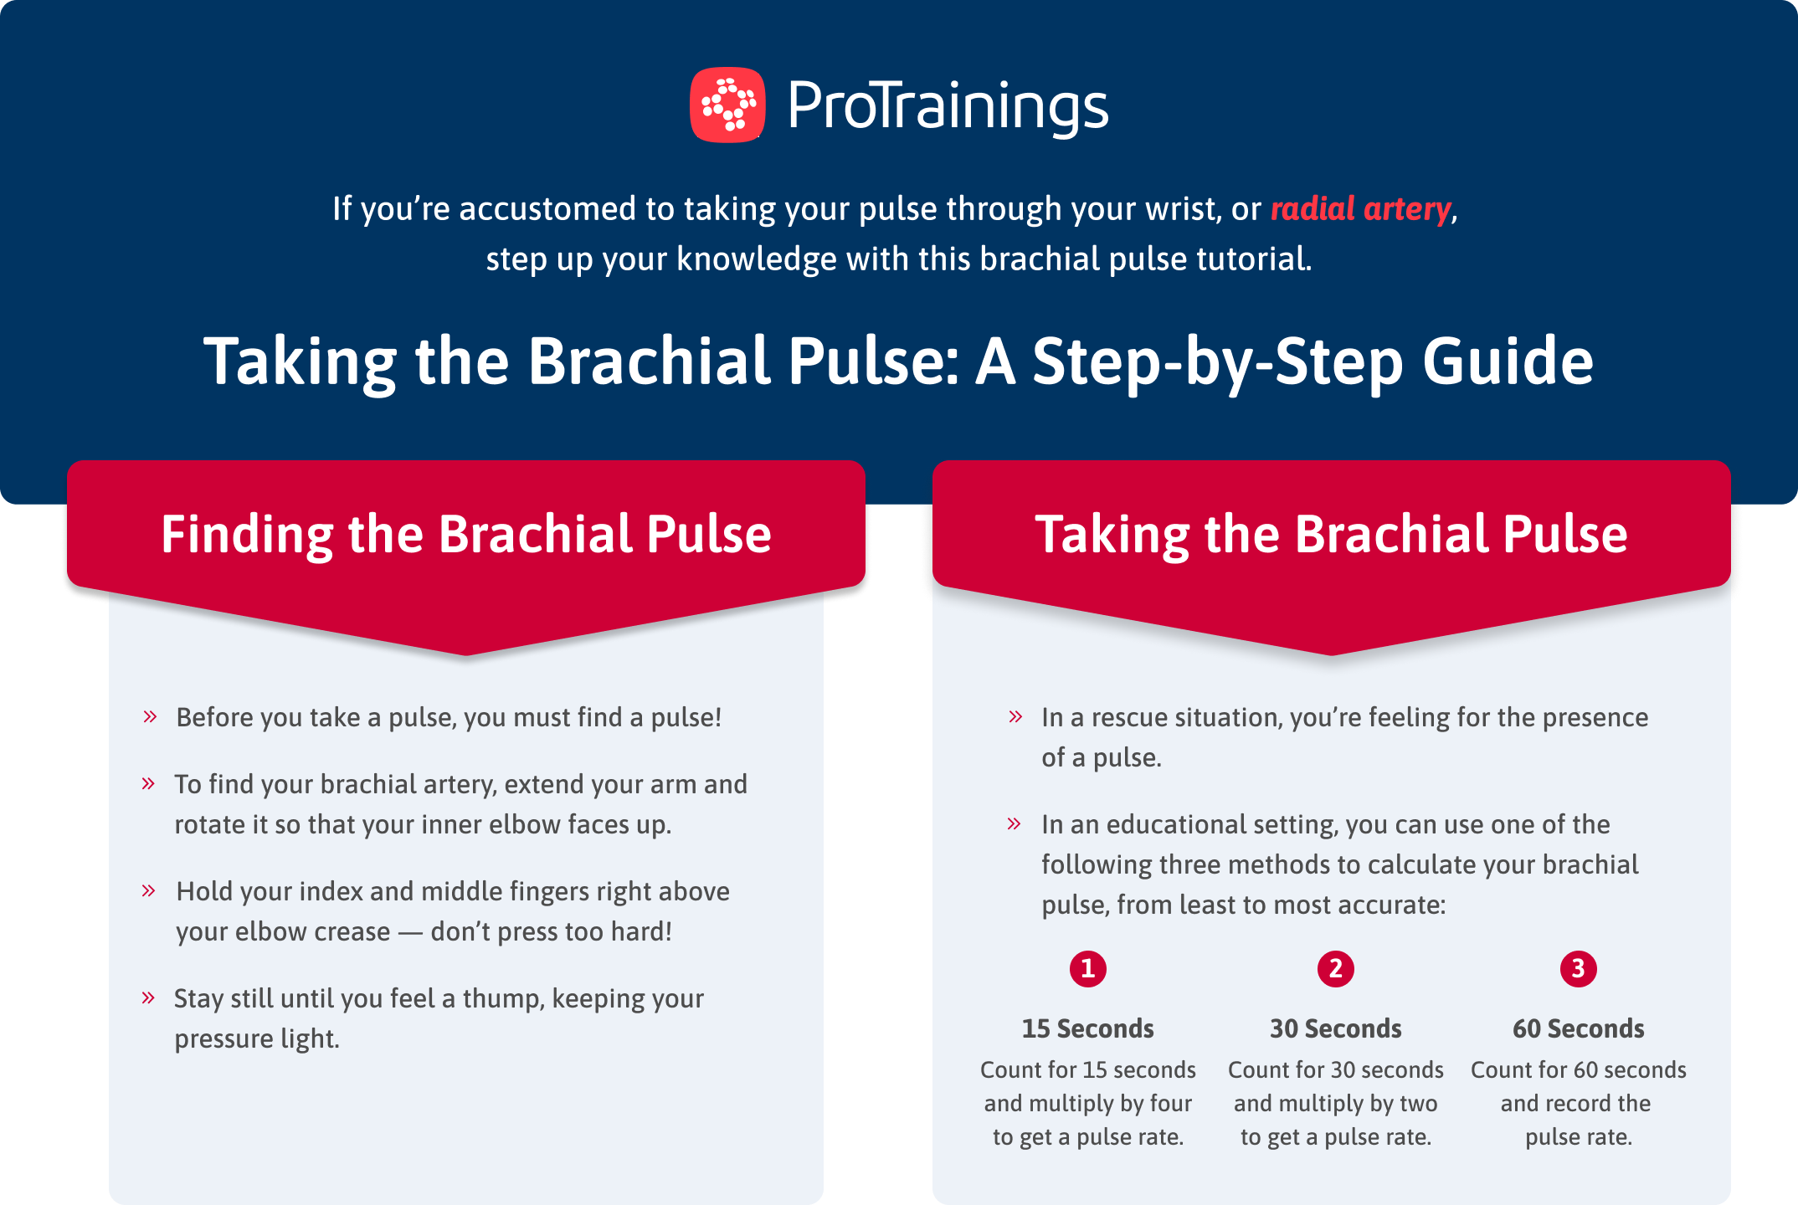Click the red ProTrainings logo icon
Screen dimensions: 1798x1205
(727, 105)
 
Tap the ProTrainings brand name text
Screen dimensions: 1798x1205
(948, 107)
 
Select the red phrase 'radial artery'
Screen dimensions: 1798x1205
(1360, 208)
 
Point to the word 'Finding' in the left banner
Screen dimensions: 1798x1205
(247, 534)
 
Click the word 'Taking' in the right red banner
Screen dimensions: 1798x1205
(1112, 534)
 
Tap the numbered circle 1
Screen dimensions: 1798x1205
(1087, 968)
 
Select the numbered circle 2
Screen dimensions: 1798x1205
(1335, 968)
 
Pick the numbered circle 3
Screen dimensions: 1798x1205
(1578, 968)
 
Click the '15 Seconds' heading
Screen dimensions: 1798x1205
(1087, 1028)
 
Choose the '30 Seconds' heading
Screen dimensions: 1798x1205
(1335, 1028)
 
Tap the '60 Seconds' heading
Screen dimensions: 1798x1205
(1578, 1028)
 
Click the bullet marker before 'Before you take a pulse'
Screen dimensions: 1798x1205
(150, 716)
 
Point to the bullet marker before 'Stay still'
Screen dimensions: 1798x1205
(148, 997)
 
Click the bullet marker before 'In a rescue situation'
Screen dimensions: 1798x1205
(1015, 716)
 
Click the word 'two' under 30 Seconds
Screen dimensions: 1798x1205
(1418, 1104)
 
